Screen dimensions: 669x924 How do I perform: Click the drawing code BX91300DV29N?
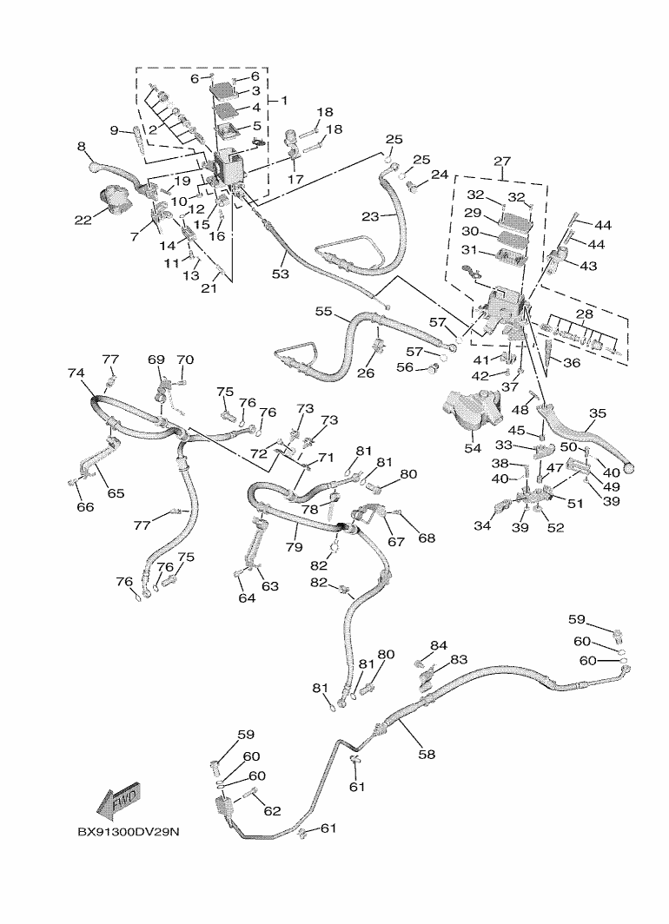point(128,832)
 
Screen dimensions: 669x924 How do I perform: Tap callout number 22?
point(83,220)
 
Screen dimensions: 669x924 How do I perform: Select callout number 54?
point(473,449)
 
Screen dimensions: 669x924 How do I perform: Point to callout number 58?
point(426,754)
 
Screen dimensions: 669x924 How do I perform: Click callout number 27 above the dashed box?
point(502,161)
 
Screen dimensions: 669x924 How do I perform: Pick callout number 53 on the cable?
point(281,274)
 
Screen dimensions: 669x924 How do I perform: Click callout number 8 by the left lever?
point(82,146)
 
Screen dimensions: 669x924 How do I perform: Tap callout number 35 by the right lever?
point(597,413)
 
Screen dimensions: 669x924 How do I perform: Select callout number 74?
point(76,373)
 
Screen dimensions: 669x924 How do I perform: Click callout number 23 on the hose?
point(370,216)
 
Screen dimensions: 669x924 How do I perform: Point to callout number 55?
point(323,311)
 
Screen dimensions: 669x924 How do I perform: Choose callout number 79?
point(294,547)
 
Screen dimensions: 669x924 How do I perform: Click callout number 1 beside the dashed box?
point(284,101)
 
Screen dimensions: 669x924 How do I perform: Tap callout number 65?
point(116,492)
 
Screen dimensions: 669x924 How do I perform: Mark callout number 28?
point(584,314)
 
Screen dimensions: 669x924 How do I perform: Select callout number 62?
point(272,811)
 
